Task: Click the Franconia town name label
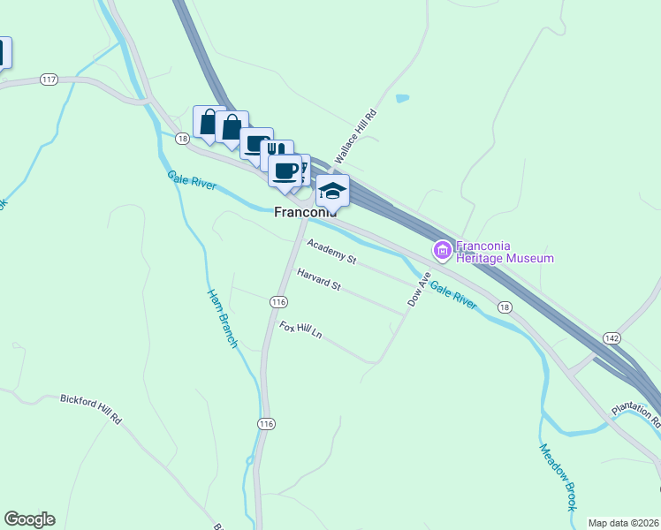pyautogui.click(x=306, y=212)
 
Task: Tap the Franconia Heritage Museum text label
pyautogui.click(x=504, y=252)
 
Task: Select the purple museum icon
pyautogui.click(x=441, y=252)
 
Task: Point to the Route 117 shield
pyautogui.click(x=49, y=79)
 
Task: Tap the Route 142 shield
pyautogui.click(x=612, y=338)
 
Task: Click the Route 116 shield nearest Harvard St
pyautogui.click(x=278, y=302)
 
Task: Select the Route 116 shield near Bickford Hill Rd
pyautogui.click(x=266, y=424)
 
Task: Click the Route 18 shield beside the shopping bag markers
pyautogui.click(x=182, y=139)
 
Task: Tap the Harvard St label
pyautogui.click(x=319, y=280)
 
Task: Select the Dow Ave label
pyautogui.click(x=419, y=289)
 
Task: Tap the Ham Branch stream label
pyautogui.click(x=223, y=318)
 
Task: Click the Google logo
pyautogui.click(x=29, y=519)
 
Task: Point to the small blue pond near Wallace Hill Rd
pyautogui.click(x=403, y=98)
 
